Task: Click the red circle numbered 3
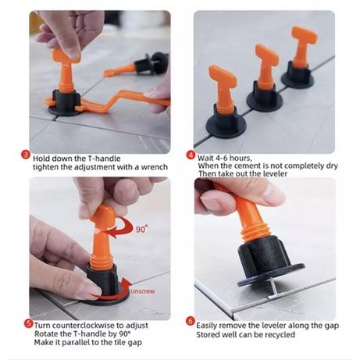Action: click(26, 155)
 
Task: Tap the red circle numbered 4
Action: click(191, 155)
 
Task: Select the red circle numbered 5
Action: click(28, 323)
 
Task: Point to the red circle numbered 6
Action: click(191, 322)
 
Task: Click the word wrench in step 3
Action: click(154, 167)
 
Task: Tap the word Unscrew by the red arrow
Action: click(142, 291)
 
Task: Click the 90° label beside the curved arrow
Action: click(141, 229)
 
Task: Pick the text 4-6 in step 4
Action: click(221, 158)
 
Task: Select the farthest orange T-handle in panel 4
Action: click(303, 46)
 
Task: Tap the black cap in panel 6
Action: click(269, 259)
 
